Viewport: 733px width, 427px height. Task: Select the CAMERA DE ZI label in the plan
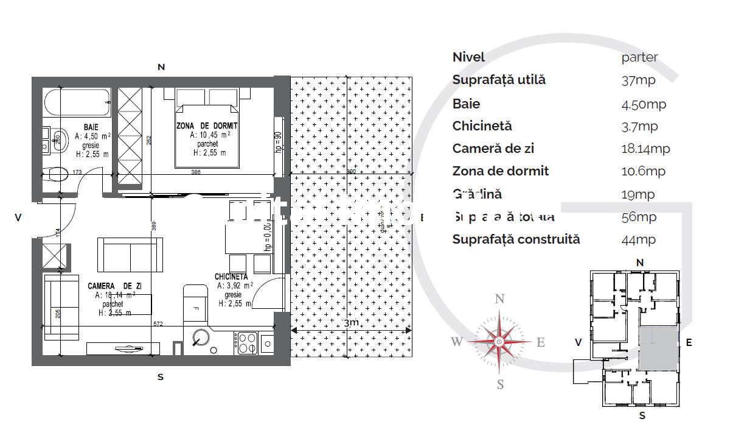[115, 285]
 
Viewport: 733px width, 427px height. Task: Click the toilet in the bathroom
[59, 175]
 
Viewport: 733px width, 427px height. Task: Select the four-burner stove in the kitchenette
[246, 343]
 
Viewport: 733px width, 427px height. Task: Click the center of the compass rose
[499, 342]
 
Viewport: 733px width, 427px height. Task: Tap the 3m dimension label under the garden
[350, 323]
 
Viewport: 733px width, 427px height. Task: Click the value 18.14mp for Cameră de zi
[645, 149]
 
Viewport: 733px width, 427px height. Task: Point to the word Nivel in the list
[468, 57]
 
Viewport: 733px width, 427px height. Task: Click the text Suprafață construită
[516, 239]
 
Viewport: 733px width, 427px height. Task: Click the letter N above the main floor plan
[161, 67]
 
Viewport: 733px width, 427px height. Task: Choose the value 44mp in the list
[639, 240]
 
